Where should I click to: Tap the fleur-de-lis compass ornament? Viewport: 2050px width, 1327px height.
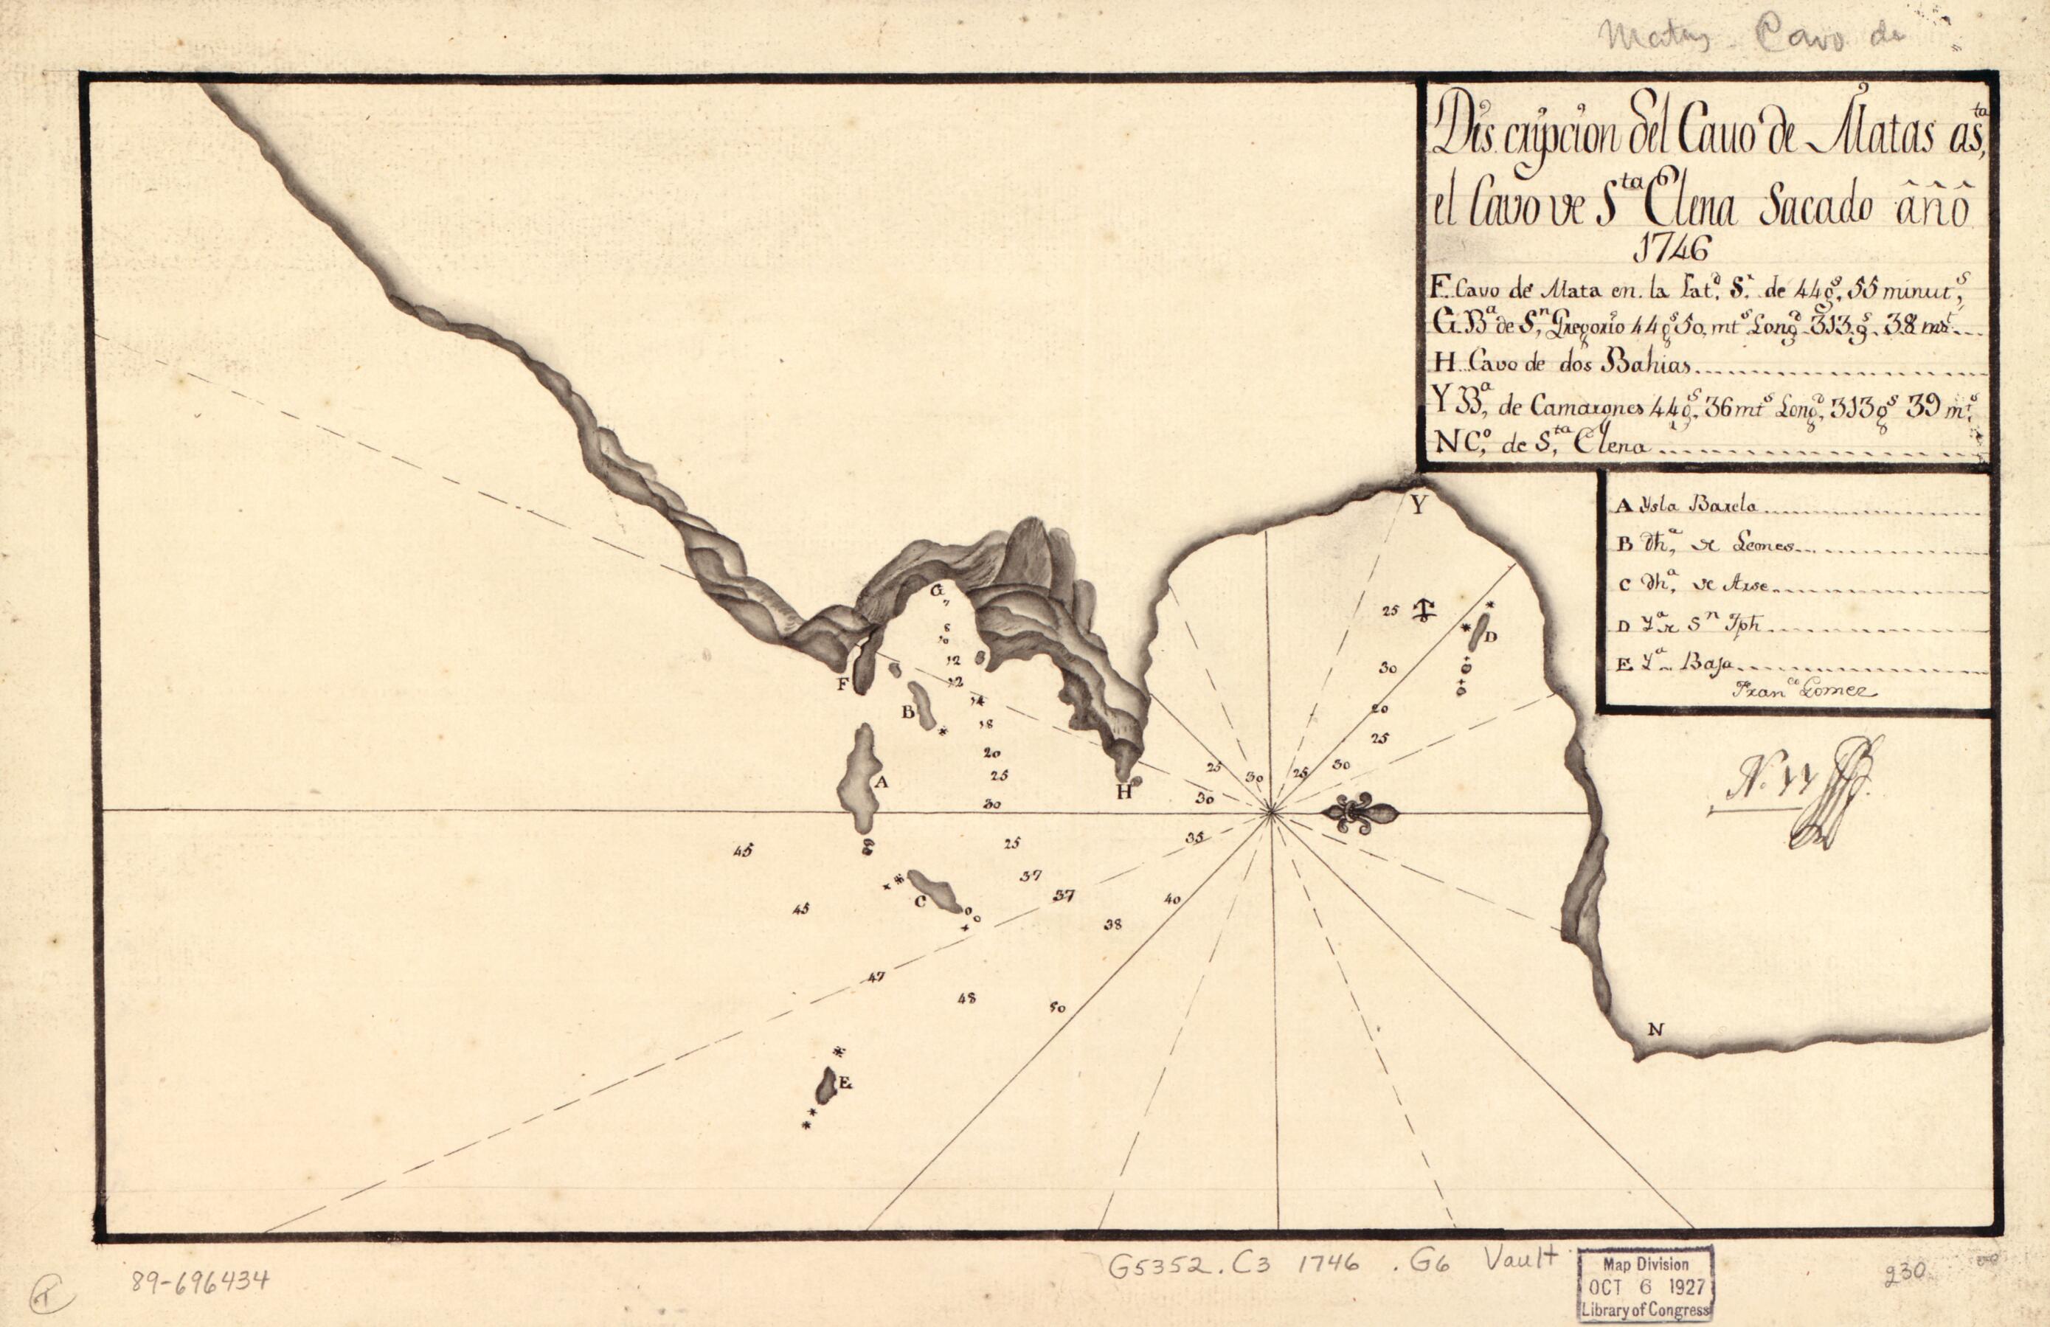[x=1360, y=812]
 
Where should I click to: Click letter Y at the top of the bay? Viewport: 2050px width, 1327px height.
[x=1418, y=506]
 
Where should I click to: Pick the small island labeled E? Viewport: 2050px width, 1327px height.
[x=826, y=1086]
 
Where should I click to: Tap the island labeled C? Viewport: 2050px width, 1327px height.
[x=934, y=891]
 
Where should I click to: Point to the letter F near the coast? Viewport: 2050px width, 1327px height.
[x=843, y=685]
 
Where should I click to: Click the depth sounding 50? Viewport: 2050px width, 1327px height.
[x=1058, y=1007]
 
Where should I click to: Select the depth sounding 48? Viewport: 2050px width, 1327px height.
[x=966, y=999]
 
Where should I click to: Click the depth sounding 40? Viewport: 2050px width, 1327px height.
[x=1171, y=899]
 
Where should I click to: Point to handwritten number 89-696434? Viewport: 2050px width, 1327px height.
[x=200, y=1281]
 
